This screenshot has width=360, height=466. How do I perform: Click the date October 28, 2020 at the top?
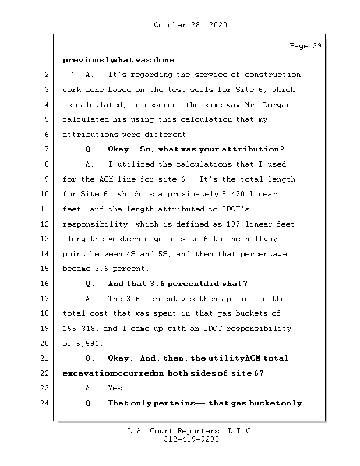[190, 25]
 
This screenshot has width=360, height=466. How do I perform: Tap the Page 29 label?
[305, 46]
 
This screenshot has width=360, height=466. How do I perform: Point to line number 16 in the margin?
[45, 284]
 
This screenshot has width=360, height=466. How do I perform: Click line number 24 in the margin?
[45, 403]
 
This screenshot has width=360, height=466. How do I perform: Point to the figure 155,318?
[78, 329]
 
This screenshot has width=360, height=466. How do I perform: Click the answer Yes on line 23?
[116, 388]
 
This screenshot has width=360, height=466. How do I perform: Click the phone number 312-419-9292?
[191, 440]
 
